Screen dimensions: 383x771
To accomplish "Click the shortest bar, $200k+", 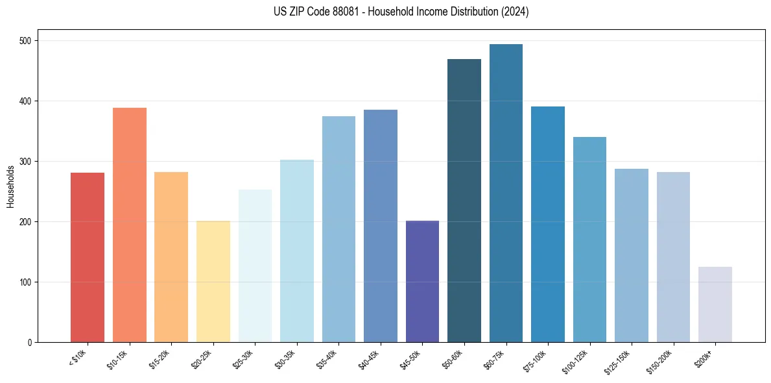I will pos(715,304).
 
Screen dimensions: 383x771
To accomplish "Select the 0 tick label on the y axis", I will pos(30,343).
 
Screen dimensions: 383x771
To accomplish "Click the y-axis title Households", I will pos(10,186).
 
